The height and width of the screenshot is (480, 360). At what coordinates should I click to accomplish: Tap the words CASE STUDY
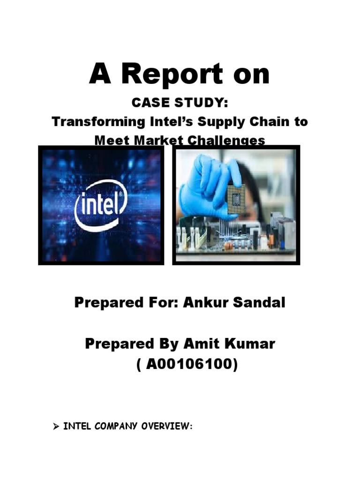click(180, 102)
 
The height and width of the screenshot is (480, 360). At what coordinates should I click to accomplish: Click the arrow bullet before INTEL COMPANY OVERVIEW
click(55, 427)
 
